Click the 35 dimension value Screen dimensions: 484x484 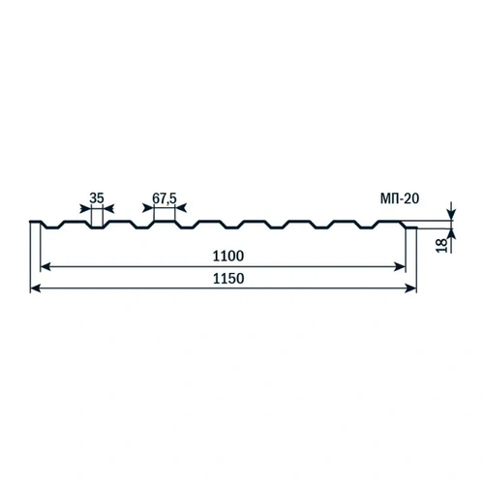(97, 198)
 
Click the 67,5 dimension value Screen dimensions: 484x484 (165, 198)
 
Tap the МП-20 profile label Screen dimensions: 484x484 (400, 198)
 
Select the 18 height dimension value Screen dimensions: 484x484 (442, 245)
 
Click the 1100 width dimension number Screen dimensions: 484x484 (228, 256)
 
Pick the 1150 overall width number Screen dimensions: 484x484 (228, 279)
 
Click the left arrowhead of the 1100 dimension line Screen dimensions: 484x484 (45, 267)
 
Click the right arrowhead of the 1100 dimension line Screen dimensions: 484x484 (400, 267)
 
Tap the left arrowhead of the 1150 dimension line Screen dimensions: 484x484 (35, 288)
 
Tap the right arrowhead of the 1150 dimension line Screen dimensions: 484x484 (410, 288)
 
